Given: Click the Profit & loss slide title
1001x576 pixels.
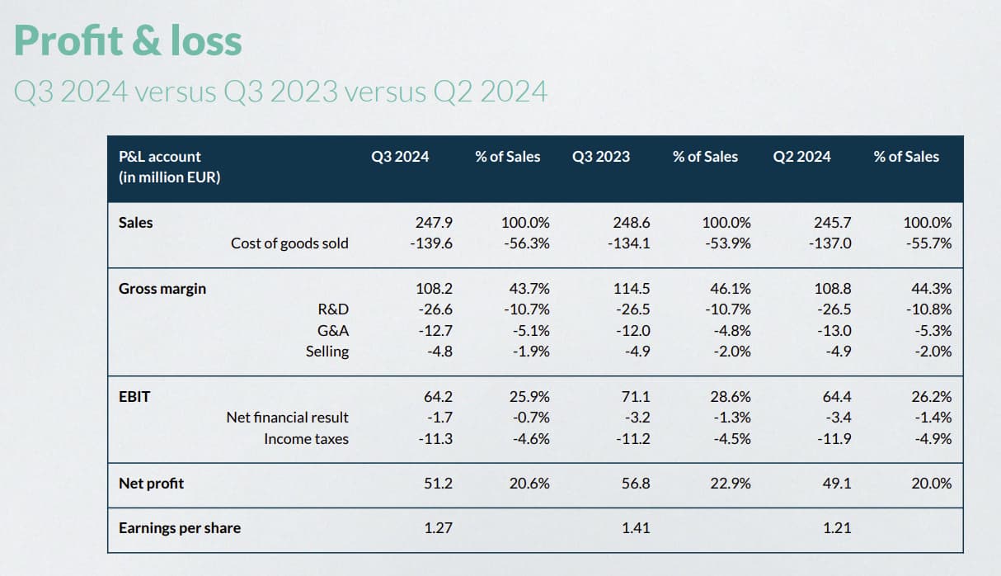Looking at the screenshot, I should [128, 40].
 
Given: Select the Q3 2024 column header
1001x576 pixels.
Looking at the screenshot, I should [401, 156].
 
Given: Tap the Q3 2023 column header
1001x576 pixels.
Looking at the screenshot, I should [600, 156].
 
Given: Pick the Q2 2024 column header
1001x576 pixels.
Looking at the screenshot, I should [801, 156].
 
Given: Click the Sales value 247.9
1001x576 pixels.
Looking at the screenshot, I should [435, 222].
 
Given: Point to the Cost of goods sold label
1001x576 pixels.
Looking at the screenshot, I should [289, 243].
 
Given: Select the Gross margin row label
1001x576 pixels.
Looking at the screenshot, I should [162, 289].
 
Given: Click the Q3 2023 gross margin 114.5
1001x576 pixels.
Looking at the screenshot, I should [632, 289].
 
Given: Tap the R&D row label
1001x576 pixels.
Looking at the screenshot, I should [333, 309].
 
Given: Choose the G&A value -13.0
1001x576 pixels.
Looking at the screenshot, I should [834, 331].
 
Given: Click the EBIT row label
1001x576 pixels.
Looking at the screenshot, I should [134, 396].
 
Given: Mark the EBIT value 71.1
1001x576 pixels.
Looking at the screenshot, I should [635, 396].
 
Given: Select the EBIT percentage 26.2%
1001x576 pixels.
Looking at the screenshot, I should [932, 396].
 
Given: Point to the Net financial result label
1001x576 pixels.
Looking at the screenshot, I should [287, 418].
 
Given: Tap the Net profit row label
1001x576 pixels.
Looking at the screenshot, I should [151, 484].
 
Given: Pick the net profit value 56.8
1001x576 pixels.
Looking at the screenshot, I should [634, 484].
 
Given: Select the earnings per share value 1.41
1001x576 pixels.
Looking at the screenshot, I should [636, 528].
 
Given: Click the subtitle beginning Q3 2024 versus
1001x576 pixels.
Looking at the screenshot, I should [280, 91].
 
